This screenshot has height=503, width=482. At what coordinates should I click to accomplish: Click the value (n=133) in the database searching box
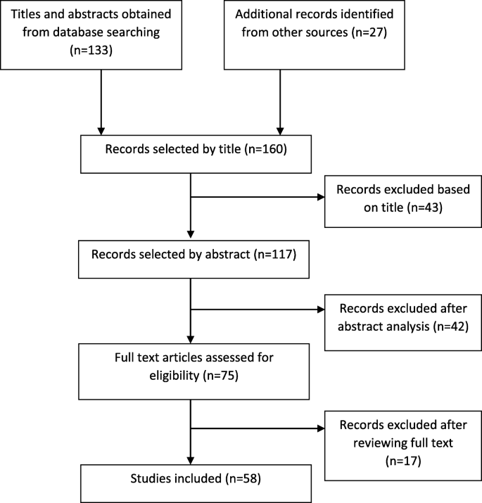pos(101,51)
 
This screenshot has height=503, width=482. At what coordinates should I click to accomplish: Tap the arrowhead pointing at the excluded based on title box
pos(320,198)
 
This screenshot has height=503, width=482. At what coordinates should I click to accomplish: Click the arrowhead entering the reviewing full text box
pos(320,427)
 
